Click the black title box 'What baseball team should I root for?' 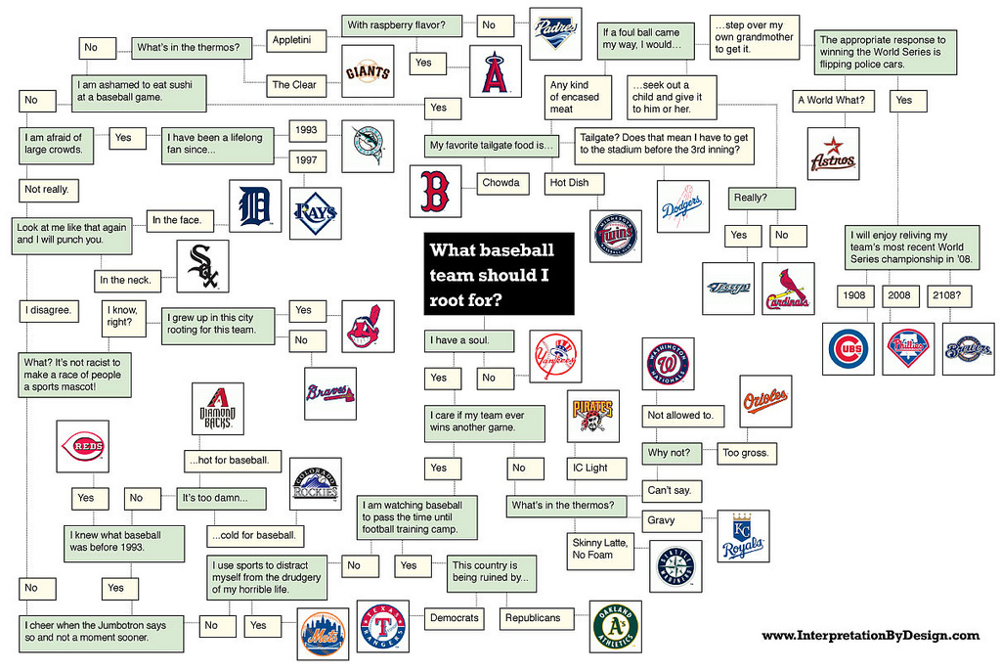click(x=499, y=273)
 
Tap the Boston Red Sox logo click(x=435, y=191)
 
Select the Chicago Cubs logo click(x=848, y=349)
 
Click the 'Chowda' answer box click(x=501, y=183)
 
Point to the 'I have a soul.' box click(x=468, y=341)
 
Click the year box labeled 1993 click(x=307, y=130)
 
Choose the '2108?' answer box click(x=949, y=295)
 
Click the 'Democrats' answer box click(x=454, y=618)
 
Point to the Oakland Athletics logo click(x=615, y=627)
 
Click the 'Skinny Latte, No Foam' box click(x=600, y=550)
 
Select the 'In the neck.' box click(x=127, y=281)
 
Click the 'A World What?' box click(x=833, y=101)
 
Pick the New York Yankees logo click(x=555, y=356)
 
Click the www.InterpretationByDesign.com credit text click(x=871, y=635)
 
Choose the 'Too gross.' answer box click(x=746, y=454)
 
